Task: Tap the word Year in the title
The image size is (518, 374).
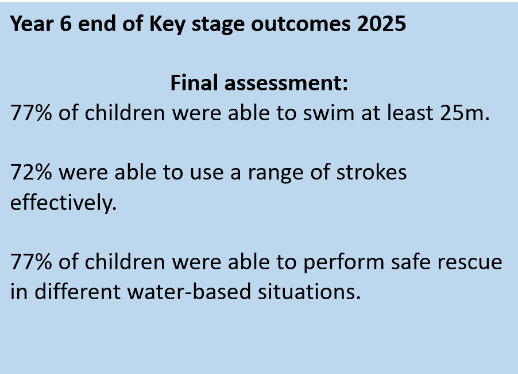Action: pos(32,24)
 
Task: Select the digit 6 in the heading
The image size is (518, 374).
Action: pos(65,24)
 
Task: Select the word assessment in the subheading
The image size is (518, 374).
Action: pos(286,83)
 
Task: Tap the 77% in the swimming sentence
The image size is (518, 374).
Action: pos(31,113)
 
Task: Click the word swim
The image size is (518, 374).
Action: pos(328,113)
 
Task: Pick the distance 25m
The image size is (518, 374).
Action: pos(465,113)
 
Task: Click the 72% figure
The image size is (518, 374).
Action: pos(31,173)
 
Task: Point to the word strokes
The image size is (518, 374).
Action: pos(372,173)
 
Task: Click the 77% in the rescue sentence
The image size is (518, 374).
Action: pos(31,262)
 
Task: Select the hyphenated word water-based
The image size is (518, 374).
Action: pos(189,292)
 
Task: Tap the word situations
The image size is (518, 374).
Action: pos(309,292)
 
